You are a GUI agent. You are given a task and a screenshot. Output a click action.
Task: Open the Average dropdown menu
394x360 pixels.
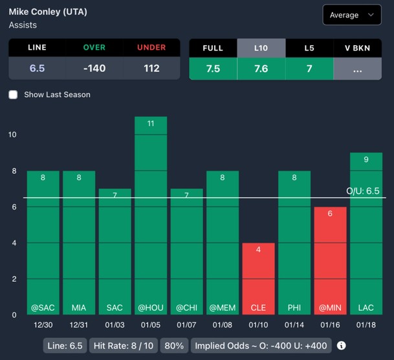[352, 15]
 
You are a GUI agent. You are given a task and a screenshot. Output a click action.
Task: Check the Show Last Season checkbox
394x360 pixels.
[13, 94]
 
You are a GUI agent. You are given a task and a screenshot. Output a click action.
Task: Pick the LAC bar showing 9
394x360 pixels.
[366, 233]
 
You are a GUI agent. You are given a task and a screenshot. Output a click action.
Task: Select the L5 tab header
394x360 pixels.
[309, 48]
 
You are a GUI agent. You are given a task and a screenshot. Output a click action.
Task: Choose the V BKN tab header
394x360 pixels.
[358, 48]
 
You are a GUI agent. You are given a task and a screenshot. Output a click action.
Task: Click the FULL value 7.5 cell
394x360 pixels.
[213, 69]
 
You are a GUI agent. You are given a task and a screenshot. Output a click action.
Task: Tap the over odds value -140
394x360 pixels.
[94, 69]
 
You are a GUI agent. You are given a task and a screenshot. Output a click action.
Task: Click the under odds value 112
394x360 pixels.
[151, 69]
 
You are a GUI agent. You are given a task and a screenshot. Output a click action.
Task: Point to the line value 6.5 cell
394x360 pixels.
[37, 69]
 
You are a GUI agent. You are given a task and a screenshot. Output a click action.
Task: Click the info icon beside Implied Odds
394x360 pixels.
[341, 346]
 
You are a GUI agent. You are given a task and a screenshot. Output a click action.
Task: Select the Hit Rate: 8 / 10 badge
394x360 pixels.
[123, 346]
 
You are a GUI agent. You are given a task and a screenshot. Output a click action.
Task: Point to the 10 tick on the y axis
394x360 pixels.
[12, 134]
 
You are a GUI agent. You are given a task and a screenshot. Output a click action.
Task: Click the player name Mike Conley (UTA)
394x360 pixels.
[48, 12]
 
